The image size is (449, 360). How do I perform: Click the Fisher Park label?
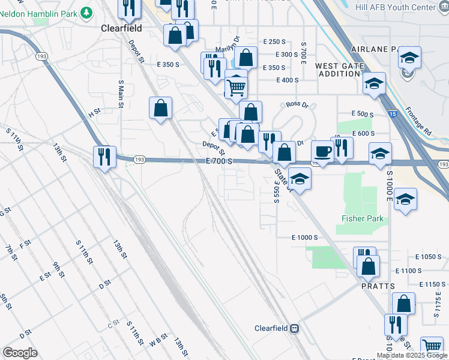(363, 219)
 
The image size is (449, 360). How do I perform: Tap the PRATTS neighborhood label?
(378, 287)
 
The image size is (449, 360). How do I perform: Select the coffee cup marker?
(322, 152)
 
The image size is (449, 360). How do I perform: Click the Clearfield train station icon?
(295, 328)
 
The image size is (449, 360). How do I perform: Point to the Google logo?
(20, 353)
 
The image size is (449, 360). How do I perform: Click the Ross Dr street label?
(297, 104)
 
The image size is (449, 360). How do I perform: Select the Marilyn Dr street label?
(228, 46)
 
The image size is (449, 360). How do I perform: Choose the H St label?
(94, 112)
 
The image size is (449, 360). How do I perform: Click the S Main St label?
(121, 94)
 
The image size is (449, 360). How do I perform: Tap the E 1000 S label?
(304, 238)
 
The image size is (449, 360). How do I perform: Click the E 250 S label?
(275, 41)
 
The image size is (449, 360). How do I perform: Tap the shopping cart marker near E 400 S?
(237, 88)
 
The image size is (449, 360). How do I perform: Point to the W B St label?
(159, 340)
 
